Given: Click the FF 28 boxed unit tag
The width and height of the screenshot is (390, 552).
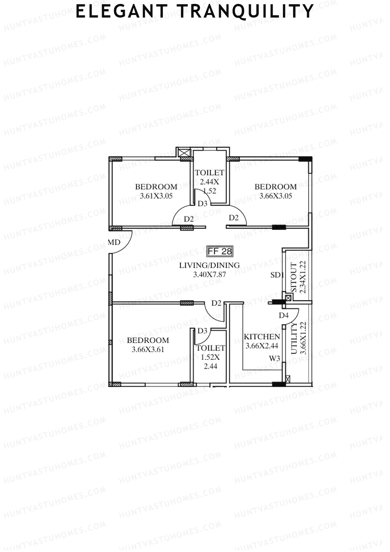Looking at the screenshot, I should coord(220,251).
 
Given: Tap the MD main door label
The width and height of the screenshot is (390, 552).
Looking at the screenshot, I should coord(114,242).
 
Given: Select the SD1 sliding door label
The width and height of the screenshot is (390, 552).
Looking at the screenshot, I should coord(277,275).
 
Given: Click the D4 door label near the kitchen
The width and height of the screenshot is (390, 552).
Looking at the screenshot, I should coord(283,315).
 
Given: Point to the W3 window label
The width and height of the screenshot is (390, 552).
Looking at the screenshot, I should coord(275,358).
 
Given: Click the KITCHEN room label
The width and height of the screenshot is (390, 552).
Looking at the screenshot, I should coord(262,337).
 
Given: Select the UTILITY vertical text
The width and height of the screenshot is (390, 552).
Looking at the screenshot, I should coord(294,338).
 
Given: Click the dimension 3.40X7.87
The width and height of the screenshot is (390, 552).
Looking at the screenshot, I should coord(209,275).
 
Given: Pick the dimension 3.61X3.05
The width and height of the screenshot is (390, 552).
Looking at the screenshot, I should coord(156,196).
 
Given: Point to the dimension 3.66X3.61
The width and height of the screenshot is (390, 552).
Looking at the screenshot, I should coord(148,350).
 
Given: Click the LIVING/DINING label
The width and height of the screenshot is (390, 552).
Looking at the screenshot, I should coord(209,265).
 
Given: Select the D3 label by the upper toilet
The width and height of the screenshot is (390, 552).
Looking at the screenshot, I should coord(202,204).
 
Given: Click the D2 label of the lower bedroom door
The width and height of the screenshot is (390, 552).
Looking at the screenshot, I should coord(216,303).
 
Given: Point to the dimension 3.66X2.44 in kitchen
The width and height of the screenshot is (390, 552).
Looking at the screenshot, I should coord(262,346).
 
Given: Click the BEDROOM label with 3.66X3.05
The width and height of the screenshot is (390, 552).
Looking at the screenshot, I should coord(275,187).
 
